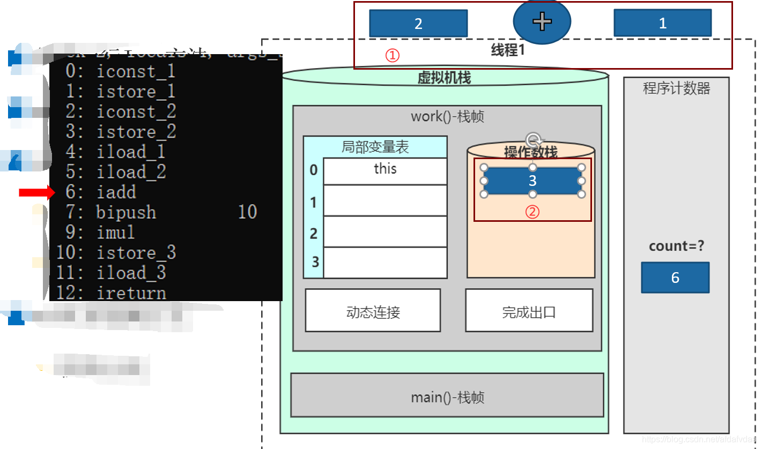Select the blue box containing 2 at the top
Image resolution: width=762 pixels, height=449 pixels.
click(418, 24)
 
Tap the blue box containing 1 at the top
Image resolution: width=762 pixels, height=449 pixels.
click(662, 23)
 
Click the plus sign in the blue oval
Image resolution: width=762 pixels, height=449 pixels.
click(542, 21)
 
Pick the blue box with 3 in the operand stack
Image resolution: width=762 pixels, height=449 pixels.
click(532, 181)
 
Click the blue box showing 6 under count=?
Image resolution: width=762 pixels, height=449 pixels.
click(675, 278)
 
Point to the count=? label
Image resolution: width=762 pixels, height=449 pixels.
click(676, 246)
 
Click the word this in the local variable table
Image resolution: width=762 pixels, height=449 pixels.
click(385, 169)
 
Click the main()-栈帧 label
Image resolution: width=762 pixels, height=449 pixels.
click(447, 398)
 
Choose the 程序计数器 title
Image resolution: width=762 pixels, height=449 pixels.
click(676, 88)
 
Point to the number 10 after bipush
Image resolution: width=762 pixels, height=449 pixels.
click(247, 212)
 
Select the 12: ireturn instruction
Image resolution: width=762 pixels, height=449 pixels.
click(112, 293)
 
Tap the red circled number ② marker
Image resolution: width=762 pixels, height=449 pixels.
click(532, 212)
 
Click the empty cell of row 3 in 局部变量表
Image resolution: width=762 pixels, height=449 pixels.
click(384, 263)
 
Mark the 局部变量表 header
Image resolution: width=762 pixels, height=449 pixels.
click(375, 147)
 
